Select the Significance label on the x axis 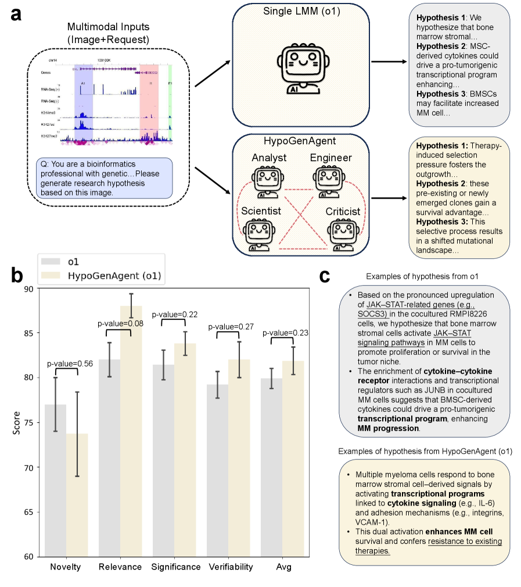click(x=176, y=567)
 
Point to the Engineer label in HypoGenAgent click(x=331, y=158)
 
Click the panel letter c click(x=325, y=276)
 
